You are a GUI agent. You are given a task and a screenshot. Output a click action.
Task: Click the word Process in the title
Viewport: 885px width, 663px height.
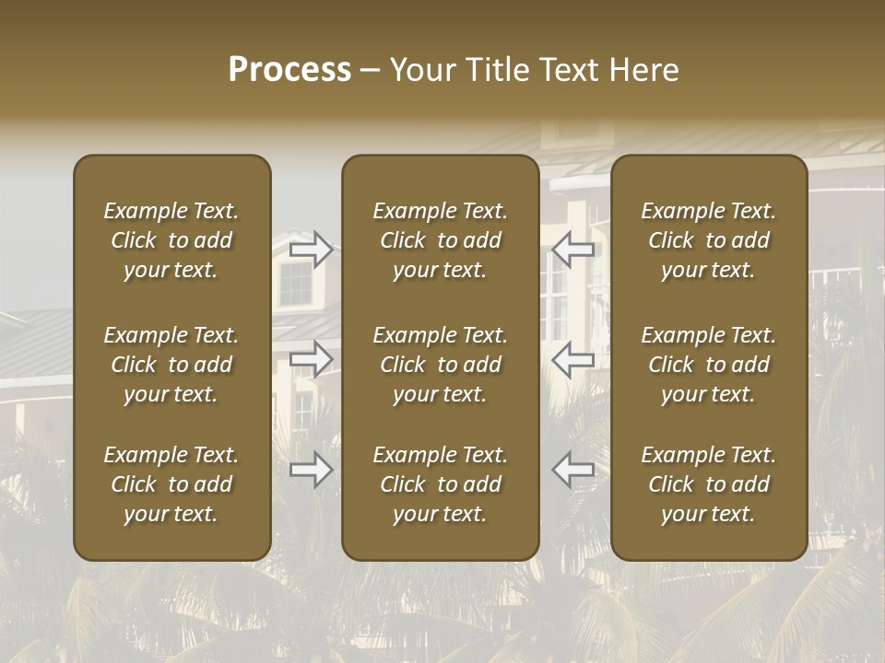point(289,70)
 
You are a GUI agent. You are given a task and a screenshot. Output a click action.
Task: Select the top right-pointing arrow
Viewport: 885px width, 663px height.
point(312,249)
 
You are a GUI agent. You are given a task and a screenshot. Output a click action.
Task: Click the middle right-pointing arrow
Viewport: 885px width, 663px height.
point(312,359)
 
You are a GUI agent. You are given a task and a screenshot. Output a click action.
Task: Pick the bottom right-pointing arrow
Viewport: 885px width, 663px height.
point(312,471)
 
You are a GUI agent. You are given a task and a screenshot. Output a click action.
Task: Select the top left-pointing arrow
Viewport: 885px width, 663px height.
point(573,249)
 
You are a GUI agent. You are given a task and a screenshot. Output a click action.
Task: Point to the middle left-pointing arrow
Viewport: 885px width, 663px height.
point(573,359)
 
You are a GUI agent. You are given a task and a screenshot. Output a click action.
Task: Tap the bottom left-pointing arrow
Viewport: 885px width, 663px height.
point(573,471)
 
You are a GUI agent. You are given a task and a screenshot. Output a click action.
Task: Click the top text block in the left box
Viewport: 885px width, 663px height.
point(171,240)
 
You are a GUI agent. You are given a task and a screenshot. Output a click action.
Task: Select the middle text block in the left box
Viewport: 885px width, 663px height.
point(171,365)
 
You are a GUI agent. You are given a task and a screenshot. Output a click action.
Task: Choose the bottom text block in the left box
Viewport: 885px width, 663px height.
point(171,484)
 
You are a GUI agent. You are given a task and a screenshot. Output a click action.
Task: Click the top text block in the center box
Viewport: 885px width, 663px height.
point(441,240)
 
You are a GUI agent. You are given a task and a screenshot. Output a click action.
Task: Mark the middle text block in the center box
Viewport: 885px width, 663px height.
point(441,365)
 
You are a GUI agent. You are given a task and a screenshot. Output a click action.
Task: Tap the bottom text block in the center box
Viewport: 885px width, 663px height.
point(441,484)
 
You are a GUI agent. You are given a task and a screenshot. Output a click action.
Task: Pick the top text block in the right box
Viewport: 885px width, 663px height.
point(709,240)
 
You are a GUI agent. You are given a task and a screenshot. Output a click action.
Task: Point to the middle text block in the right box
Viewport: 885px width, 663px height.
point(709,365)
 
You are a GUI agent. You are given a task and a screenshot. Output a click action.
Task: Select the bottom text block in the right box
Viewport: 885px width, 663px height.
point(709,484)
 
